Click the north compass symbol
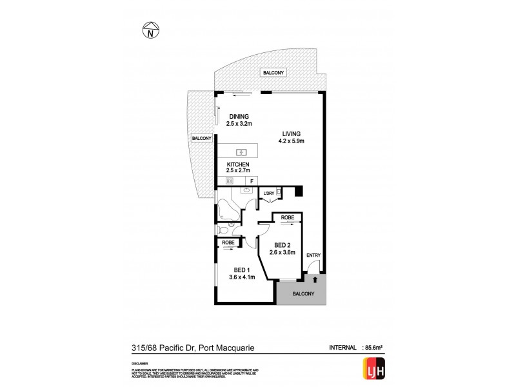pos(149,30)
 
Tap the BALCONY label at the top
pos(273,74)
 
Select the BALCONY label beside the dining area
pos(201,139)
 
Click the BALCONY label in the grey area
pos(302,294)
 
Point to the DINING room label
pos(239,116)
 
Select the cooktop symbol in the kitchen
pos(229,182)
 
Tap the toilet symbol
pos(223,230)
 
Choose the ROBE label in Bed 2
pos(287,218)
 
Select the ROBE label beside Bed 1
pos(227,243)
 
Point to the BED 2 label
pos(284,244)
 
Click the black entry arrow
pos(314,279)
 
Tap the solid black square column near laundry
pos(297,191)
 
